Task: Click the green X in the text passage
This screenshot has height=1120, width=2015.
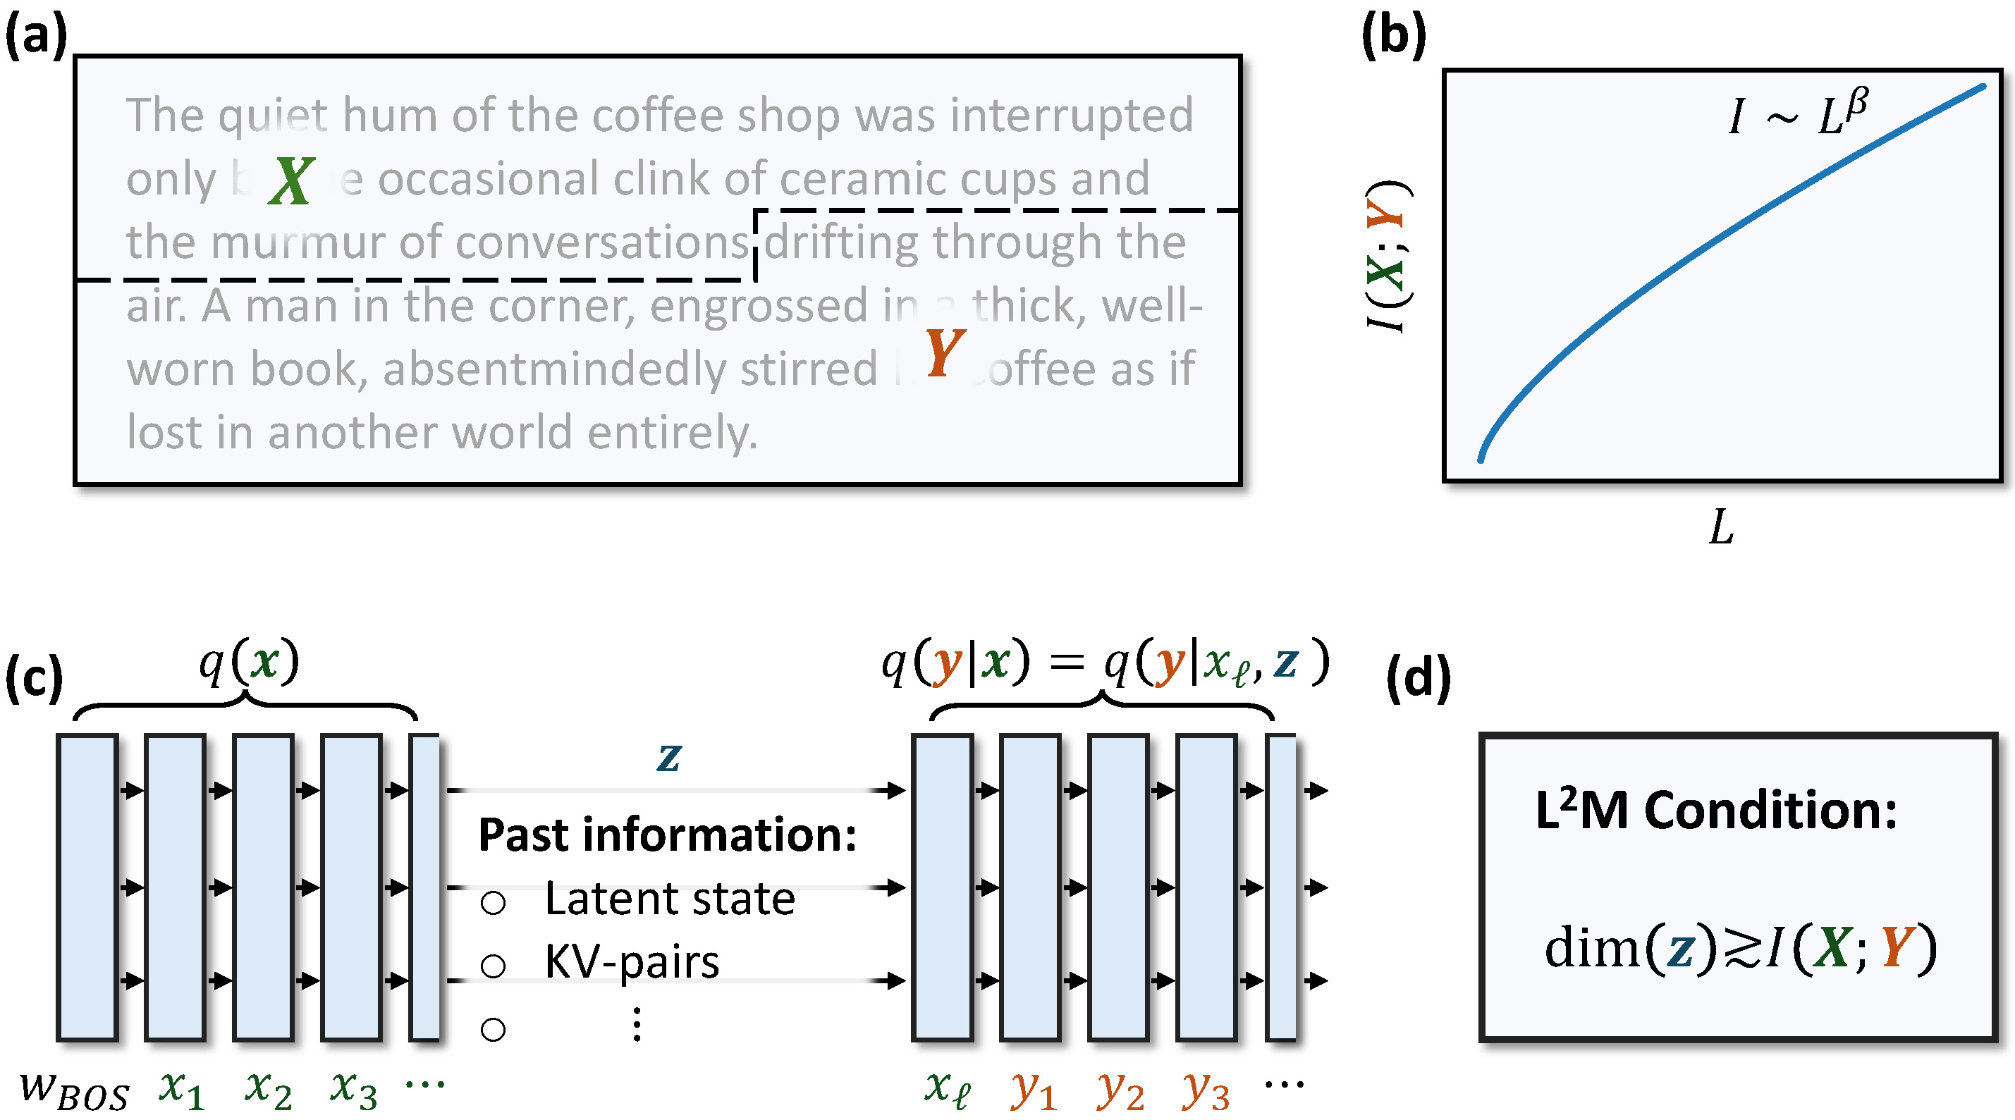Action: (x=291, y=180)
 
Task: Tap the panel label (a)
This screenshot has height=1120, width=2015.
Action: (x=36, y=36)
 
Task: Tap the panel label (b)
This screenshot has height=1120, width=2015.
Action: (x=1394, y=36)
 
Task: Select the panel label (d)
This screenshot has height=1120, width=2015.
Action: (x=1418, y=677)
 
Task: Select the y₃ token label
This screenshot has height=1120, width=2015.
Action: (x=1206, y=1089)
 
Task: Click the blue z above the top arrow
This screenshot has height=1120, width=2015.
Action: (x=669, y=756)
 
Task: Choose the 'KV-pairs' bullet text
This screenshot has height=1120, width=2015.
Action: (x=631, y=962)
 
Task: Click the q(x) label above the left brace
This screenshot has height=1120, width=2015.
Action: (x=249, y=663)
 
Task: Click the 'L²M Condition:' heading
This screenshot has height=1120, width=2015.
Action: (x=1716, y=811)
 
